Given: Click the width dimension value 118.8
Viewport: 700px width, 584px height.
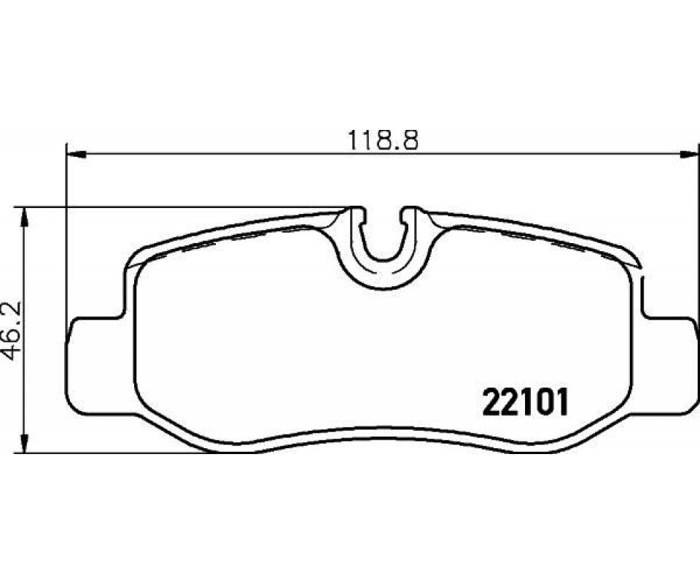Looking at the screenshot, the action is pyautogui.click(x=383, y=140).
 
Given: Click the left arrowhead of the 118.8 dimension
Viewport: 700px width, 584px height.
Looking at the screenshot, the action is pyautogui.click(x=75, y=155).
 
